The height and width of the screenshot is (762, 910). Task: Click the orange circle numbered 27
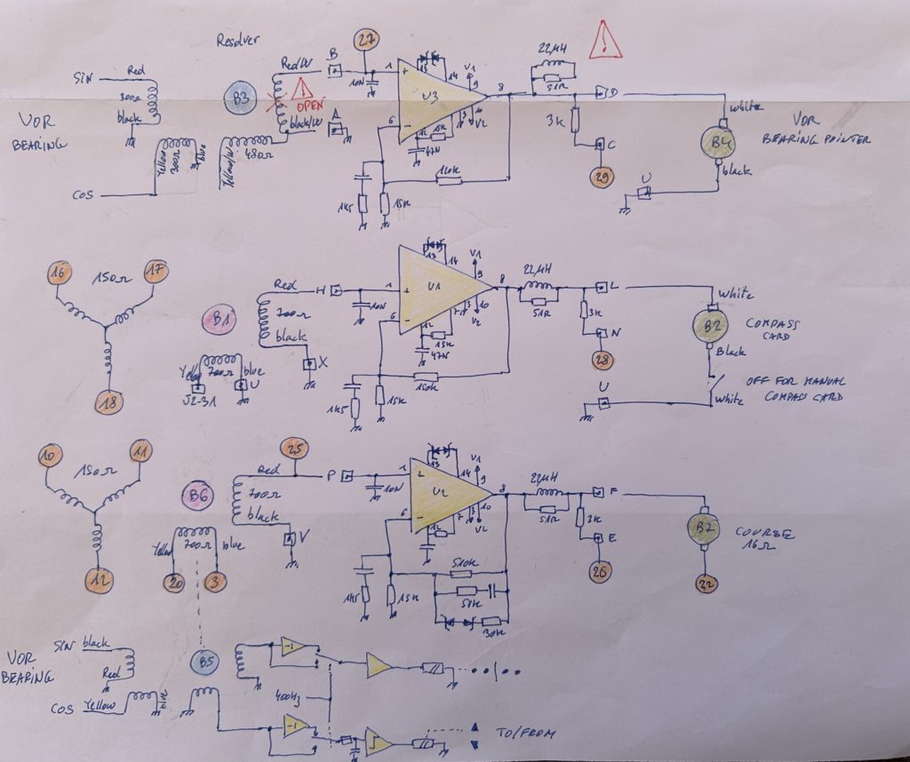pos(366,40)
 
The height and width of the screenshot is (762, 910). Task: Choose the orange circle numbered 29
pos(603,179)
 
